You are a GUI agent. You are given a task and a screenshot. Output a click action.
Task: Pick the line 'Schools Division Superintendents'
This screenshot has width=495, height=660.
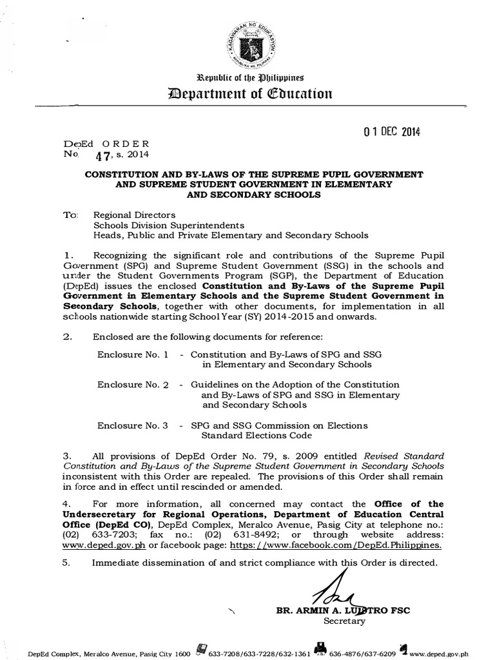[169, 226]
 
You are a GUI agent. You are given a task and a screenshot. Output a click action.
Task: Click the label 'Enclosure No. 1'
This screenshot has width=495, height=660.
[133, 354]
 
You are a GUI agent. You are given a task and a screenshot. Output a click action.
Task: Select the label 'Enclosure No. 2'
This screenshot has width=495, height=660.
[133, 385]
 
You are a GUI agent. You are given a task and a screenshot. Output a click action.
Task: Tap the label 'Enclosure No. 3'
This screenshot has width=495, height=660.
[133, 425]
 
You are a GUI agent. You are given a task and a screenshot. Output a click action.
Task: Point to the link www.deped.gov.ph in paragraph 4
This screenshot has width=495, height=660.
[97, 545]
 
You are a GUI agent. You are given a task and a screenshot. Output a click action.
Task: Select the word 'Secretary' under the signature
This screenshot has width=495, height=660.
[344, 621]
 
